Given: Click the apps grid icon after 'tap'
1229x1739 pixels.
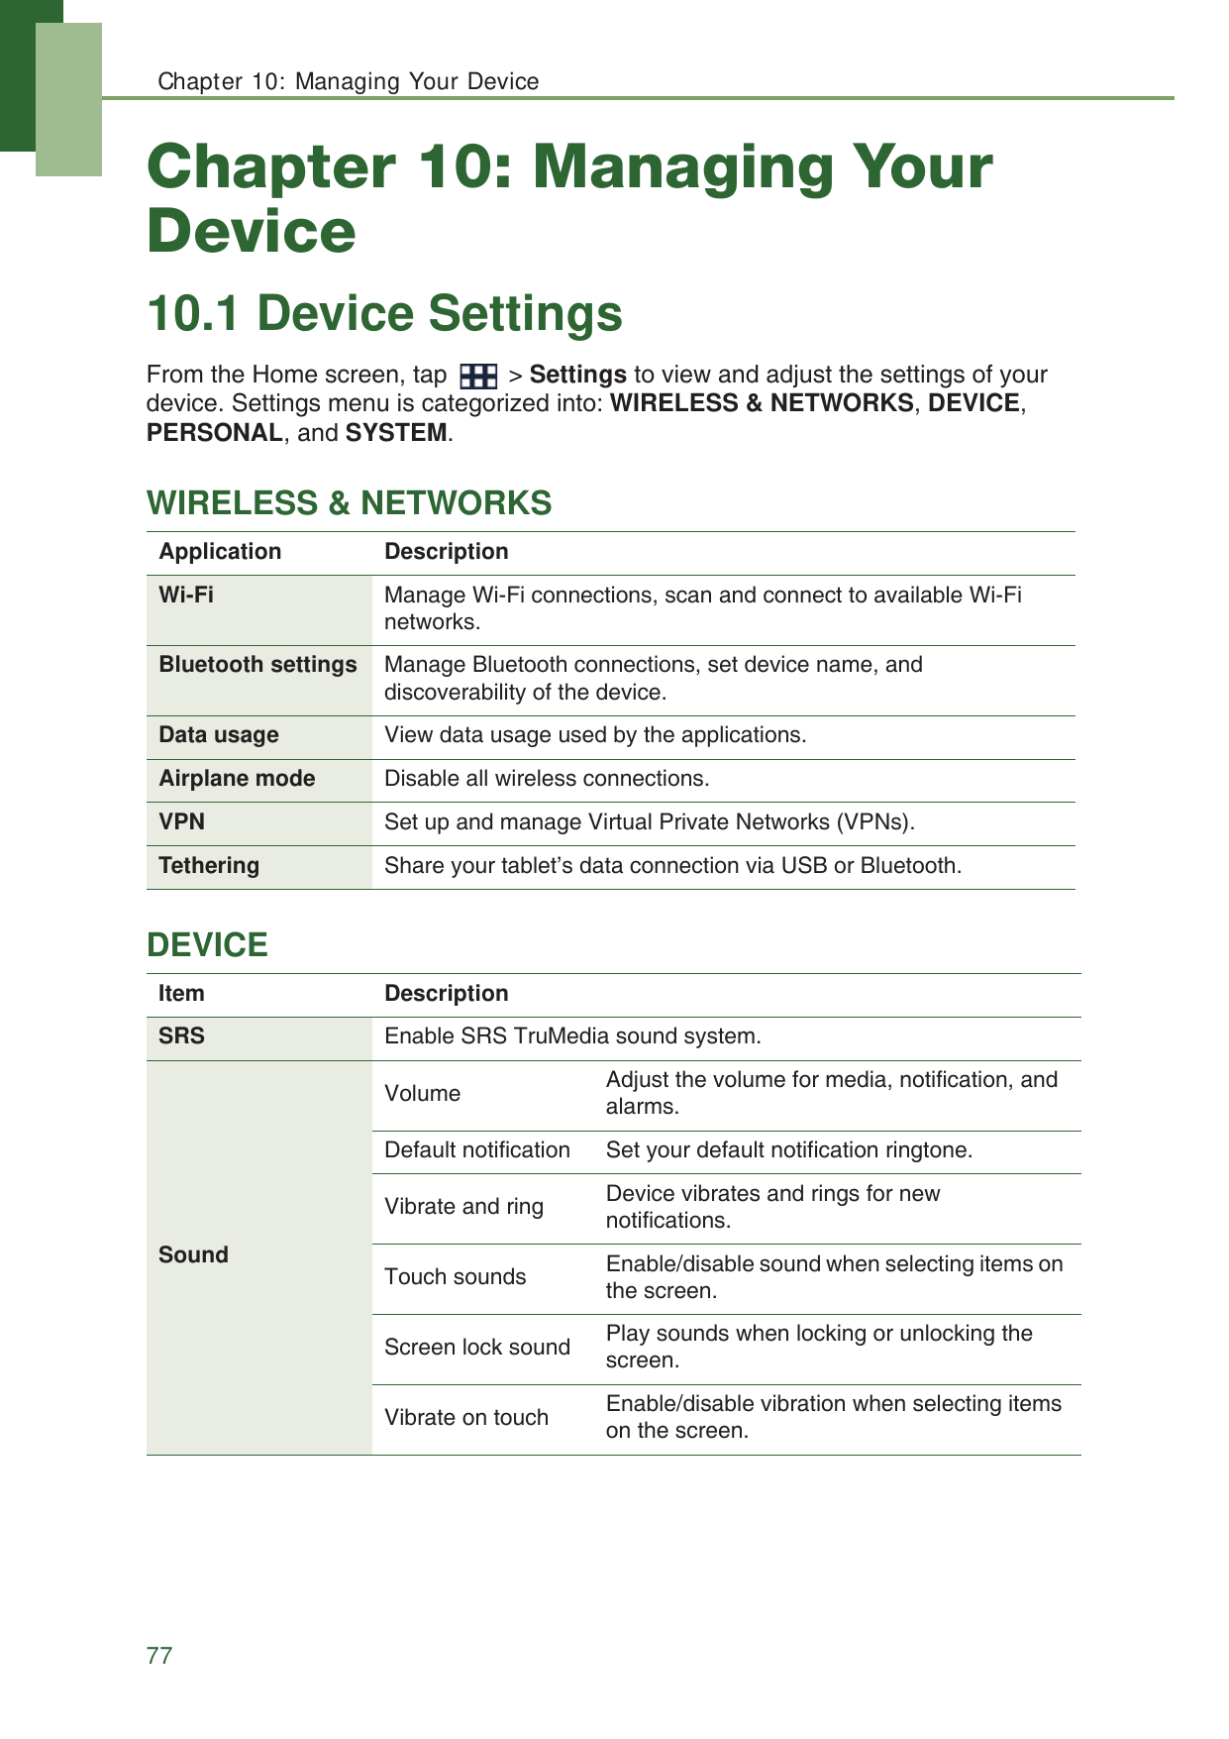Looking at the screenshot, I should click(478, 377).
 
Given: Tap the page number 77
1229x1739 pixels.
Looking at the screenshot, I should click(158, 1655).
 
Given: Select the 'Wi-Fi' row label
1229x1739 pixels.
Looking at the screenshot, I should click(186, 595).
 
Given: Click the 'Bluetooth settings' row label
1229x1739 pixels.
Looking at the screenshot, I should click(257, 664).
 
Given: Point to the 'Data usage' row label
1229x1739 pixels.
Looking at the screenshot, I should click(219, 734).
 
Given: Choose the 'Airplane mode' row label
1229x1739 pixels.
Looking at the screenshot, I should click(237, 778).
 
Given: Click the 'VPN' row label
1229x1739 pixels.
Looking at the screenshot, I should click(182, 821).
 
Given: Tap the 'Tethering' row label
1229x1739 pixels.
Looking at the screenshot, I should click(209, 865).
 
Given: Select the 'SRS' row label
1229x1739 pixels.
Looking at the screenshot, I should click(181, 1035).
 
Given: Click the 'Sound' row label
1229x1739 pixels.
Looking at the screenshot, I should click(193, 1254).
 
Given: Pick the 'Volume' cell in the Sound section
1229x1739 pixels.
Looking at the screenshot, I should click(423, 1093).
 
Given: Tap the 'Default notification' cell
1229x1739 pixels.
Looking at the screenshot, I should click(477, 1149).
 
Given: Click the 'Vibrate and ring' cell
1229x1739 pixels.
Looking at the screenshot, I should click(463, 1206).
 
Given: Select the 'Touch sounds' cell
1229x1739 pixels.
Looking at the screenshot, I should click(456, 1276).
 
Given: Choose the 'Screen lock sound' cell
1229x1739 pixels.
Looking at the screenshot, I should click(477, 1347).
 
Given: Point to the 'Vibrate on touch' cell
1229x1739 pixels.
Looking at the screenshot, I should click(466, 1417).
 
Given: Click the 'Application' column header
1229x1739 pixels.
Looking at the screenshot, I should click(220, 551).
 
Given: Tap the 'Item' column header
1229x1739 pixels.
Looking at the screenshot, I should click(181, 993).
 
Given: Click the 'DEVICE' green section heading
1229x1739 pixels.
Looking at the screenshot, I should click(207, 944).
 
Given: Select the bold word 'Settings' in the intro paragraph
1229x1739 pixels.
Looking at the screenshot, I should click(577, 375).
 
